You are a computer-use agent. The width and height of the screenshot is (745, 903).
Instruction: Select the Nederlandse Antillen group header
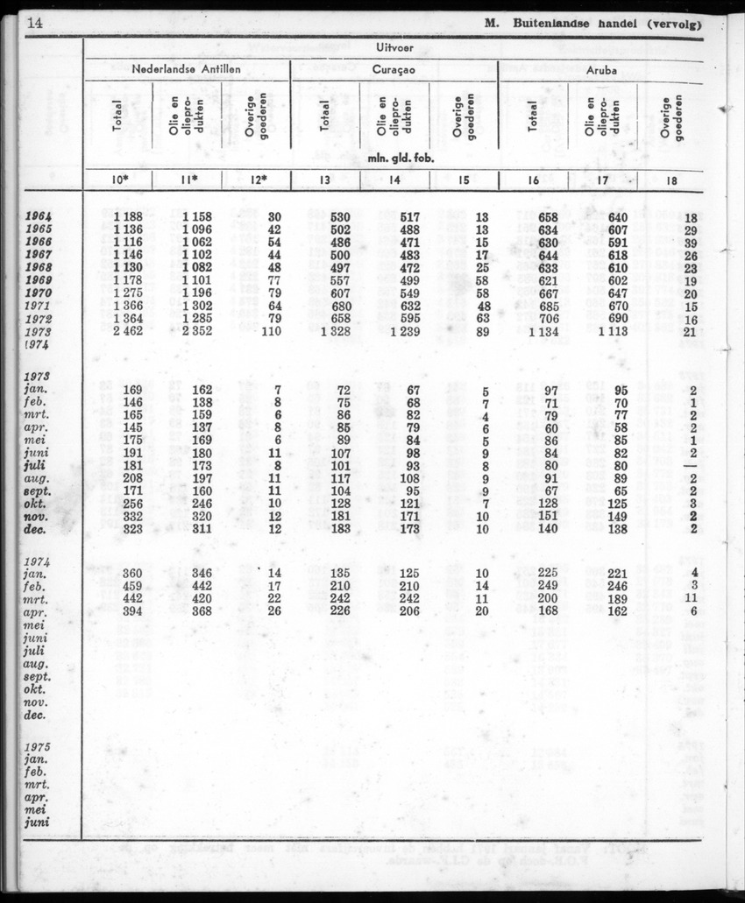coord(186,70)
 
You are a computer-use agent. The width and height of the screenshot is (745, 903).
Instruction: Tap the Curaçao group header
coord(394,70)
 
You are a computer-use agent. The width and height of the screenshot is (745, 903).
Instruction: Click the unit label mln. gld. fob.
coord(394,159)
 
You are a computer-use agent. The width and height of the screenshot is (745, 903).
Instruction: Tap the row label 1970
coord(38,293)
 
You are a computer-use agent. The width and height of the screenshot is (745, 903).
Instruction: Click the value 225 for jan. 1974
coord(548,573)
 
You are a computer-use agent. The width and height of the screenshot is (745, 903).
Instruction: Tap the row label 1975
coord(37,747)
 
